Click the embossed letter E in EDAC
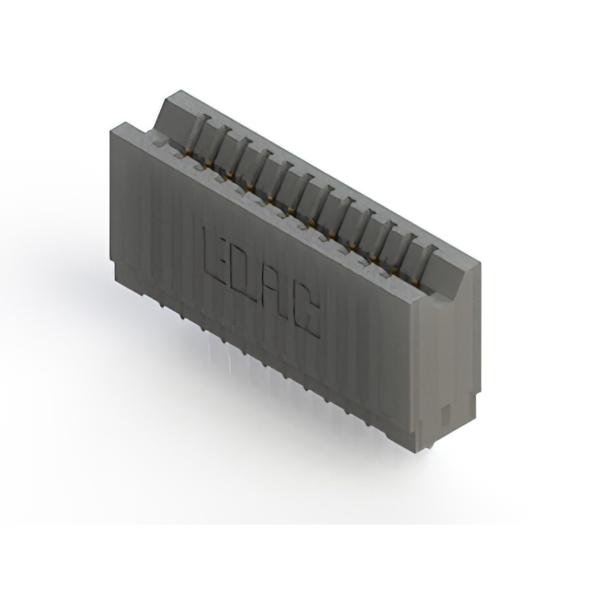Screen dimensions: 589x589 click(x=214, y=256)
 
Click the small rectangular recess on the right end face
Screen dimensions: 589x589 click(x=445, y=413)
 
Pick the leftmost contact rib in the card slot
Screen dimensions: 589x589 click(x=195, y=136)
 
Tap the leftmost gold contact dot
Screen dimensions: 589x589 click(x=187, y=153)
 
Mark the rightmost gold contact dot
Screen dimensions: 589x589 click(x=414, y=281)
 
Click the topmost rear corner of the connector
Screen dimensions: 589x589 click(x=181, y=90)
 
